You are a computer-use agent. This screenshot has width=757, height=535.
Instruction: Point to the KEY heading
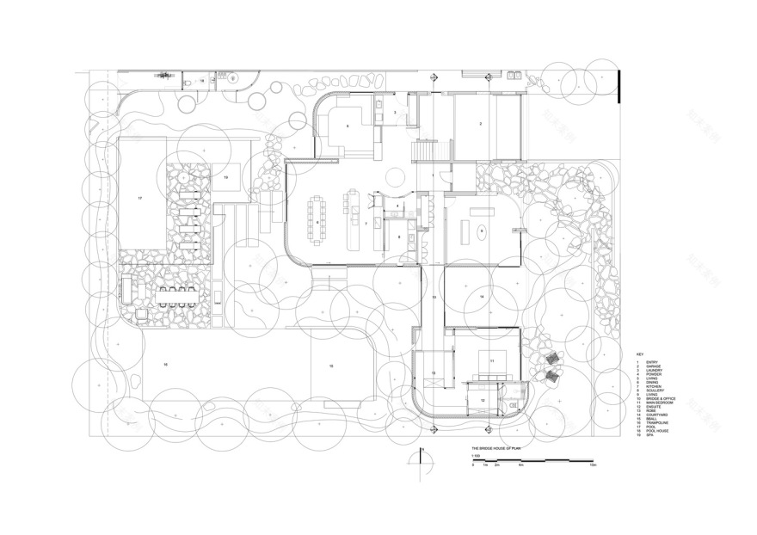[639, 354]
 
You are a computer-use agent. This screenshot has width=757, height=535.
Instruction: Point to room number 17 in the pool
[138, 198]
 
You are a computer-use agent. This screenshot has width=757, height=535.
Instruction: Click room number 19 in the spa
[225, 176]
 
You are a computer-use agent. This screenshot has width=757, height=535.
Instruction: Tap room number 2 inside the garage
[480, 126]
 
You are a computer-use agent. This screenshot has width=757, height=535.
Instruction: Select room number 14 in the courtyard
[482, 297]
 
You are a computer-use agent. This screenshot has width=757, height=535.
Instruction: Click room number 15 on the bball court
[330, 366]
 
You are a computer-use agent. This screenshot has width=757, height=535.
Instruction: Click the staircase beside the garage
[426, 151]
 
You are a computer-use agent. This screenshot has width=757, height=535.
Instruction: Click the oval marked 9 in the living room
[483, 231]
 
